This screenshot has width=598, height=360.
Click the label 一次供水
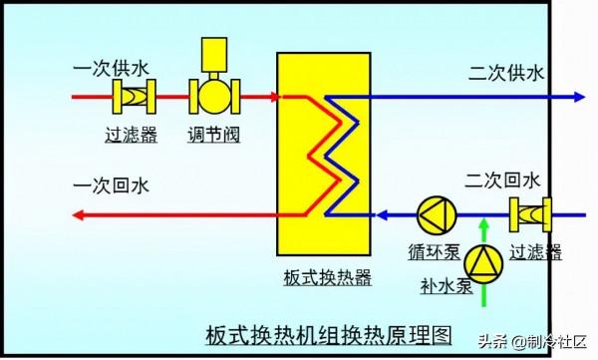112,68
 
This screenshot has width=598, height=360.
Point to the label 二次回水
502,180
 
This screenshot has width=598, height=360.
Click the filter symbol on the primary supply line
131,97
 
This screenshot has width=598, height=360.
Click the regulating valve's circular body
213,97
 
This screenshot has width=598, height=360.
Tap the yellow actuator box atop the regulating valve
213,54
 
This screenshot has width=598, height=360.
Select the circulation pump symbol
434,213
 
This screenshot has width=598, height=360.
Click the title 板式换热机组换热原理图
315,332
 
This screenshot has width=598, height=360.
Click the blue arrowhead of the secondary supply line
577,97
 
